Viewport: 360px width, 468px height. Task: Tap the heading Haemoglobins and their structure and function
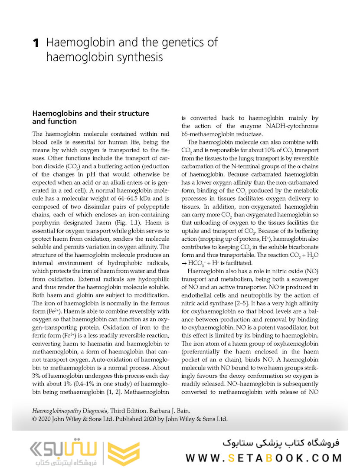[x=91, y=117]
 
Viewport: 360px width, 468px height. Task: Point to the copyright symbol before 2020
[x=36, y=419]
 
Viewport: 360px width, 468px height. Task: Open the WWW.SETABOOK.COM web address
[x=264, y=458]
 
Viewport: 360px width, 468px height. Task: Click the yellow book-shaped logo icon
[x=124, y=452]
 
